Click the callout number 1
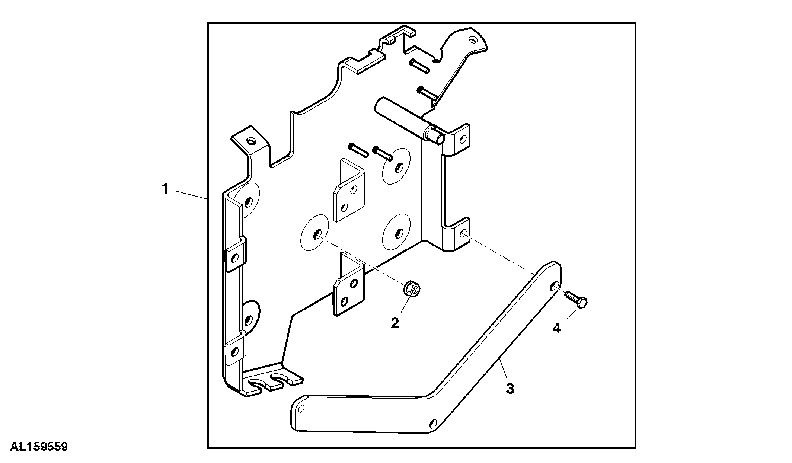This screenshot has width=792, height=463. pyautogui.click(x=165, y=189)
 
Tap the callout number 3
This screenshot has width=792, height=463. pyautogui.click(x=510, y=389)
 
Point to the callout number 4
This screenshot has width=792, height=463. pyautogui.click(x=557, y=328)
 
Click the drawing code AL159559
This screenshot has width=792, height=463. pyautogui.click(x=39, y=447)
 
